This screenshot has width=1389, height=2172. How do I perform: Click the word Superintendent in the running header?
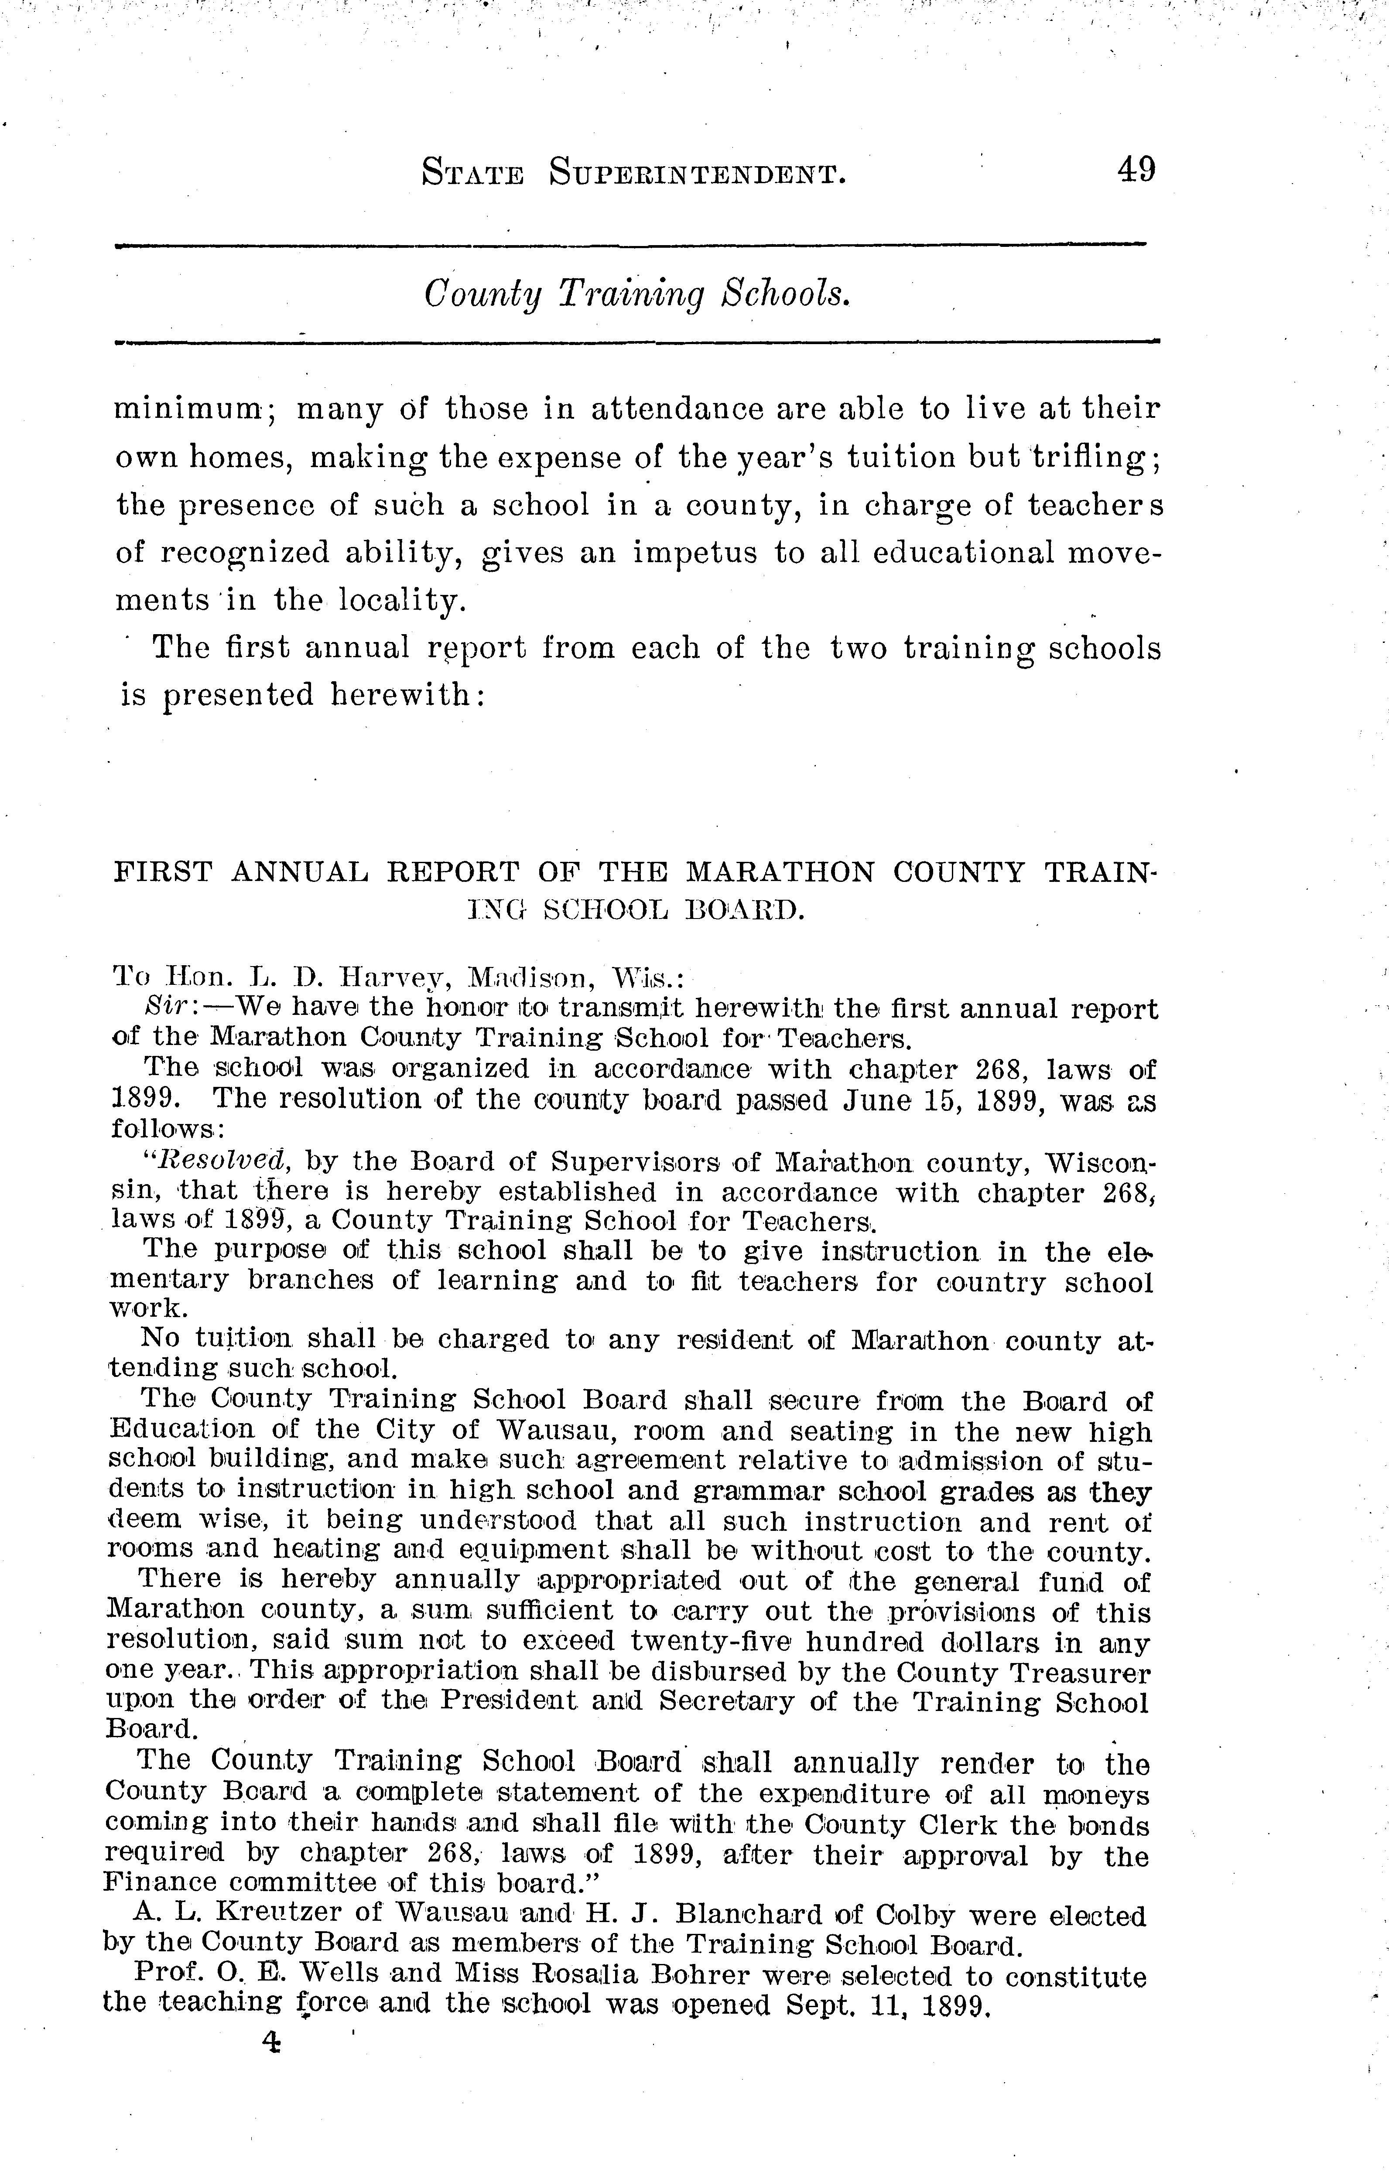697,172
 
